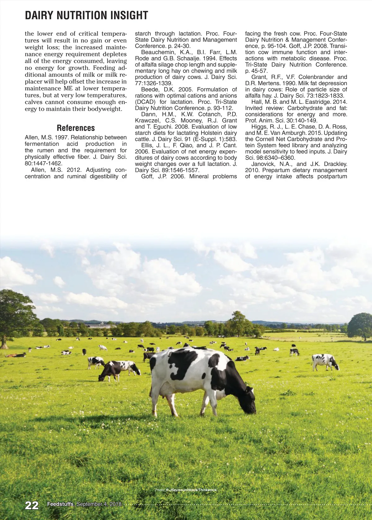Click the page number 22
tap(32, 505)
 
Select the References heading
tap(76, 128)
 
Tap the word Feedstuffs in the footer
tap(61, 504)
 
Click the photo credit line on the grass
tap(186, 490)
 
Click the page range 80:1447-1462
tap(43, 163)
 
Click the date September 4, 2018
tap(99, 504)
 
